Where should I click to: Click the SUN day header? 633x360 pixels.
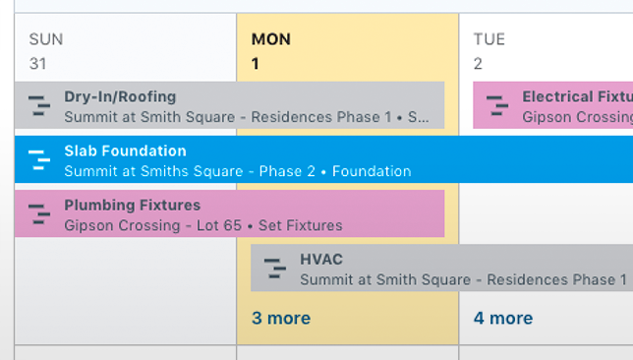click(46, 39)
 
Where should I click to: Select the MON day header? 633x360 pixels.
click(271, 39)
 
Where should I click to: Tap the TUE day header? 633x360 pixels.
click(489, 39)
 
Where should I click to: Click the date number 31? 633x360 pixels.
click(38, 64)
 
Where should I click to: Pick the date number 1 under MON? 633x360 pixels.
click(257, 64)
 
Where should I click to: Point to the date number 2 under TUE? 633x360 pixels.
click(478, 64)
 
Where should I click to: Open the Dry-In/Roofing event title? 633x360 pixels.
click(120, 97)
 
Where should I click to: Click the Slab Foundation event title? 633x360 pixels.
click(125, 151)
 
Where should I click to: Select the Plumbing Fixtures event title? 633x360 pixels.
click(132, 206)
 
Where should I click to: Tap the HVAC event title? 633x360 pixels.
click(321, 260)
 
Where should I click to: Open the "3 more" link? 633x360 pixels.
click(281, 318)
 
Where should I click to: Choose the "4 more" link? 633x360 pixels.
click(503, 318)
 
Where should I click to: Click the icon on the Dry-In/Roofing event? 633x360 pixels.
click(38, 105)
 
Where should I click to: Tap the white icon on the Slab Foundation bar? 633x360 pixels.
click(38, 159)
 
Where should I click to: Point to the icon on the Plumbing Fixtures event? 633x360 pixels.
click(38, 213)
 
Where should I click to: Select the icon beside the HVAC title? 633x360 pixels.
click(274, 268)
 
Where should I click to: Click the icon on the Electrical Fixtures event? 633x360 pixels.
click(496, 105)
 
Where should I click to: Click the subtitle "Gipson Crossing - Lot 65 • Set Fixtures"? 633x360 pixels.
click(202, 225)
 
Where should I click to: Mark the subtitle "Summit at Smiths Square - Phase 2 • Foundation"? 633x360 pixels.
click(237, 171)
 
